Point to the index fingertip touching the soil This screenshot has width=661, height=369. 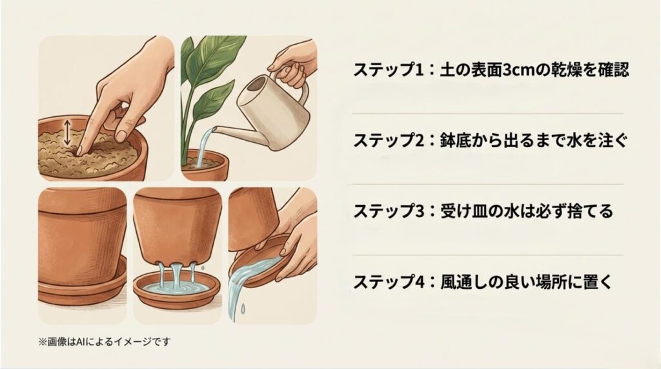pyautogui.click(x=79, y=153)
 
